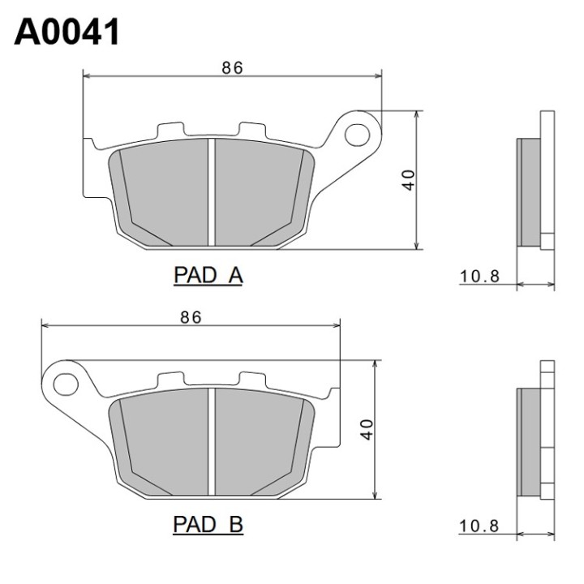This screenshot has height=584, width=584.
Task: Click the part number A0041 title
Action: pos(67,32)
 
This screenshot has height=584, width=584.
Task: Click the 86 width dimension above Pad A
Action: pos(233,68)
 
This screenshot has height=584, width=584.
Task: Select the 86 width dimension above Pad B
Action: pos(191,317)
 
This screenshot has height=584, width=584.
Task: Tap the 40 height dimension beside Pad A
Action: pos(409,180)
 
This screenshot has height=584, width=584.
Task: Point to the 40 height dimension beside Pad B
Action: pos(367,430)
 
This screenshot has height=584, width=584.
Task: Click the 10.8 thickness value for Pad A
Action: pos(479,277)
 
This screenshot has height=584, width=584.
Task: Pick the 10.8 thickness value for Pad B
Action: pos(479,526)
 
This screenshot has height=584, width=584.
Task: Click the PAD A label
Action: pos(208,276)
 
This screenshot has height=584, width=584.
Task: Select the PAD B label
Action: pos(208,525)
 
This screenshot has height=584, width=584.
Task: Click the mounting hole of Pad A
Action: pos(357,135)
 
